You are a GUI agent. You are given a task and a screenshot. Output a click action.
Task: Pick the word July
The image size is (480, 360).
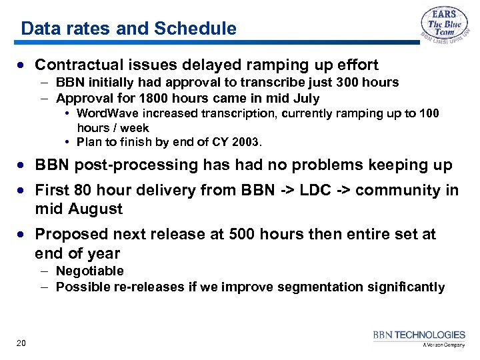click(x=305, y=99)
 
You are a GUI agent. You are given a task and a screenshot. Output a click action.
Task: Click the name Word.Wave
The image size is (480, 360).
click(x=109, y=113)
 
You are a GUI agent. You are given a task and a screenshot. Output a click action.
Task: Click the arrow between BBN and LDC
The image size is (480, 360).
click(x=289, y=191)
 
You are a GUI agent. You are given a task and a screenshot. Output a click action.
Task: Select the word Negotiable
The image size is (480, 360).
click(x=90, y=271)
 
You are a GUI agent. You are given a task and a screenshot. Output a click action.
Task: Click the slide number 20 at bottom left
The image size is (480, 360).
click(x=21, y=343)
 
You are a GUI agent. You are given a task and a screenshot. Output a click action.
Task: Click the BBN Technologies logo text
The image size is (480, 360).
click(x=419, y=335)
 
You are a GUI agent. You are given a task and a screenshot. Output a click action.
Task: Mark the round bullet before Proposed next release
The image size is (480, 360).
click(x=23, y=235)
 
